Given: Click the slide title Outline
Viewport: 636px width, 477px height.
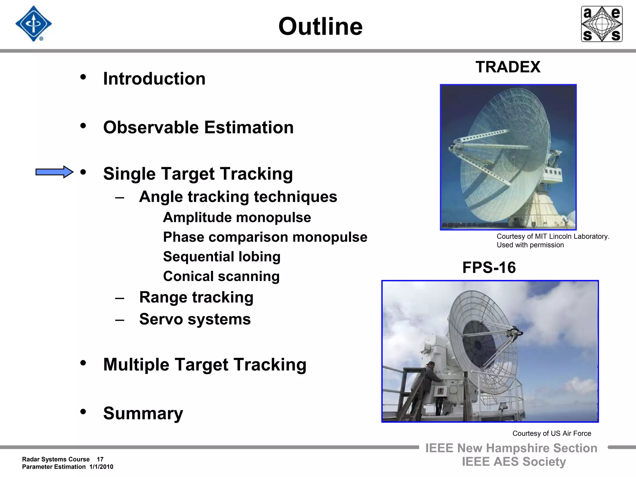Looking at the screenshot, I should pos(320,27).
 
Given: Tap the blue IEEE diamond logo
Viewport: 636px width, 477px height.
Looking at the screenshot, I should pos(33,24).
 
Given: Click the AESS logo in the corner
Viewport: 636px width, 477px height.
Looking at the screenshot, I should pos(602,24).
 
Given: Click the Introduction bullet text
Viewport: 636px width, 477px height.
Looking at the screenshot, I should pos(154,79).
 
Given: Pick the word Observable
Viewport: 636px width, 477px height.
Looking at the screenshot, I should pos(151,127).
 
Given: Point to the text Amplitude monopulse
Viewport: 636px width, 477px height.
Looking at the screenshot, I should pos(237,217).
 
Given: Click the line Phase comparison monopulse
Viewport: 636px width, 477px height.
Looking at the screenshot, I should pos(265,237).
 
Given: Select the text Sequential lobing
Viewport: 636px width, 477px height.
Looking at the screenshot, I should pos(221,257).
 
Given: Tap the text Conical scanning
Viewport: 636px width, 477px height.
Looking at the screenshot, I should pos(221,276).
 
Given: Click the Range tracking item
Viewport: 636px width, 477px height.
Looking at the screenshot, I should pos(196,297).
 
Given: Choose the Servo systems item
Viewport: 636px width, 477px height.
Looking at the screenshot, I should pos(195,319).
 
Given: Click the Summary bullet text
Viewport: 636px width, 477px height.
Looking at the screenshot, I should pos(143,413).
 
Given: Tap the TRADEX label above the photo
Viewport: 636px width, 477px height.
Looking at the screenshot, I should pos(508,67).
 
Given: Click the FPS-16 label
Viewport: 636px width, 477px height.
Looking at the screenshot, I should pos(489,268).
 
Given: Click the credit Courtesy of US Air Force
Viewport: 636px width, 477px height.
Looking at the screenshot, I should pos(552,434).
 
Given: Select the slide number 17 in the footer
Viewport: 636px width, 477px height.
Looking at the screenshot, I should pos(100,459).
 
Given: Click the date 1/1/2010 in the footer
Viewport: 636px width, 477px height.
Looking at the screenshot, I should pos(101,467).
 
